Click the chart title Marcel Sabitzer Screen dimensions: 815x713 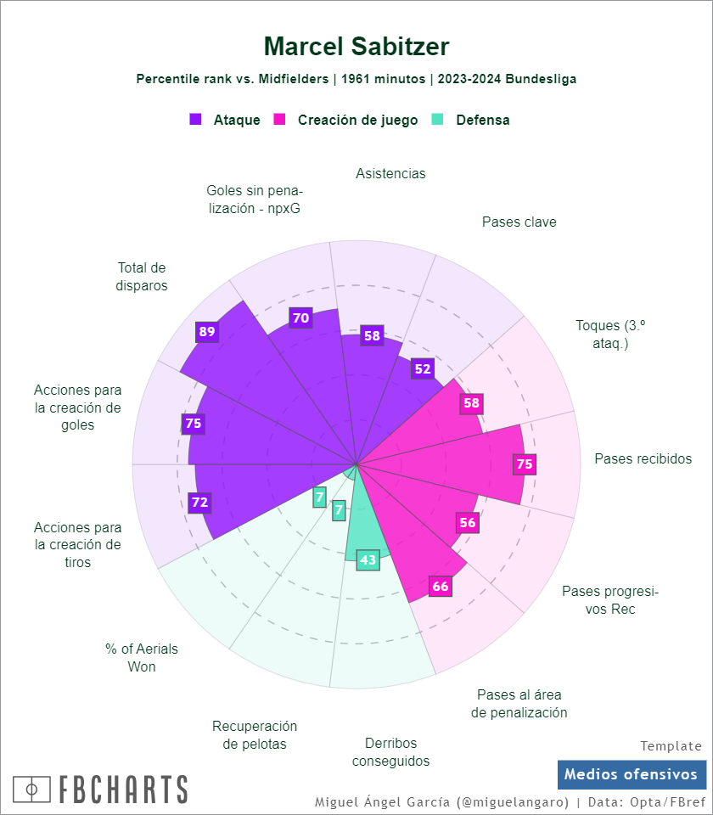click(x=356, y=47)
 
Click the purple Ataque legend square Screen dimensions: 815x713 click(x=195, y=120)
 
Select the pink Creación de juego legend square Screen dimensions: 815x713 click(x=279, y=120)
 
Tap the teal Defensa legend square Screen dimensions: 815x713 click(x=438, y=120)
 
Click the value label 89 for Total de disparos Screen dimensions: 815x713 click(x=206, y=332)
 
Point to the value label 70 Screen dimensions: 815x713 click(x=300, y=318)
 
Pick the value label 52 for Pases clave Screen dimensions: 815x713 click(x=422, y=368)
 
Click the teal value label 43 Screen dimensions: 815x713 click(x=368, y=560)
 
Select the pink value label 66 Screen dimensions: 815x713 click(x=440, y=586)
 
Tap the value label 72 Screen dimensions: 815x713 click(x=199, y=502)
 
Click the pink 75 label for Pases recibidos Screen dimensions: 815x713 click(x=525, y=464)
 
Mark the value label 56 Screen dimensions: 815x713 click(x=468, y=523)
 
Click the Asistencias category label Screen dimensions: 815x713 click(x=390, y=173)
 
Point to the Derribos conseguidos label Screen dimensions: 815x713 click(x=390, y=752)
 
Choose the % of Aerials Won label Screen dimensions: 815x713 click(x=142, y=658)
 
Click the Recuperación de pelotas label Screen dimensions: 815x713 click(x=255, y=735)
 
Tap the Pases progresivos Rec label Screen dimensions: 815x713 click(x=610, y=600)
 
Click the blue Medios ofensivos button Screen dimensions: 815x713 click(x=632, y=774)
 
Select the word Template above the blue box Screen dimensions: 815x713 click(x=671, y=746)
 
